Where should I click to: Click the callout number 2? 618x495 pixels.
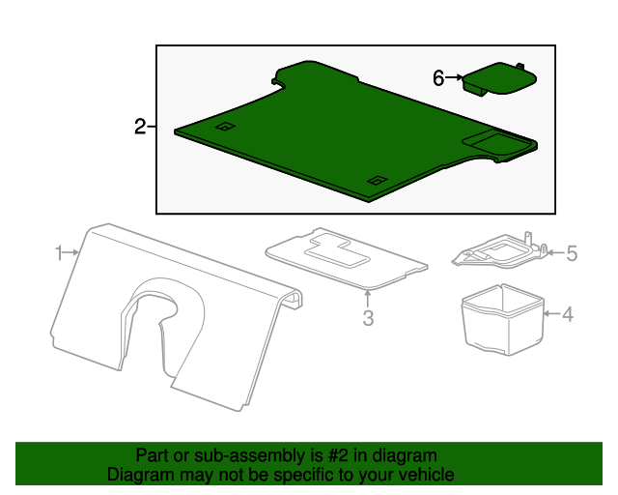point(140,127)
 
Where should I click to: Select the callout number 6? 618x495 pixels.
point(438,77)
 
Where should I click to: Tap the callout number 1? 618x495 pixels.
point(59,253)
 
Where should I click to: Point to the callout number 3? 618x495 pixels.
point(368,318)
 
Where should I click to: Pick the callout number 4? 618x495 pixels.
point(568,314)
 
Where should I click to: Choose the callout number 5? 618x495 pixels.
point(572,253)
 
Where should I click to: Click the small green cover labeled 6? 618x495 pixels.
point(499,78)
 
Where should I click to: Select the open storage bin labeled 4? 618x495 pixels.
point(503,319)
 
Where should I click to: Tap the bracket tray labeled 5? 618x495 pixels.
point(500,251)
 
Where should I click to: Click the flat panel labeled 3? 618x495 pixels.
point(346,258)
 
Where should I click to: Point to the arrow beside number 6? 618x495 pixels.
point(454,77)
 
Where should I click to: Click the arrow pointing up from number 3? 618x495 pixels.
point(367,299)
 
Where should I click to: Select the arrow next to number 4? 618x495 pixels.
point(551,314)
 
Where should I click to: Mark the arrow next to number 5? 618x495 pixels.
point(556,252)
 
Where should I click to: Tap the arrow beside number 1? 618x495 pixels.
point(71,251)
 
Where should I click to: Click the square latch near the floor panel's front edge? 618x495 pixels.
point(378,181)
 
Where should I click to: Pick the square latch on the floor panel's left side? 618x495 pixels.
point(225,127)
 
